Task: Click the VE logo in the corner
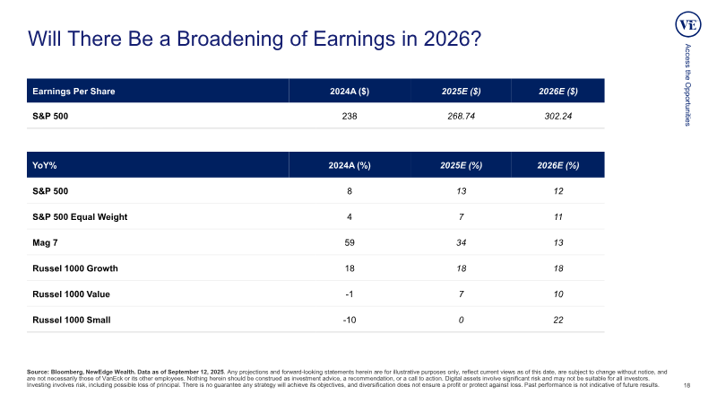pyautogui.click(x=687, y=25)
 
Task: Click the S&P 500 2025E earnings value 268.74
pyautogui.click(x=461, y=117)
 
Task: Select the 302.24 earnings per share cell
pyautogui.click(x=557, y=117)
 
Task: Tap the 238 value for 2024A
pyautogui.click(x=350, y=117)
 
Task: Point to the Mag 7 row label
pyautogui.click(x=45, y=242)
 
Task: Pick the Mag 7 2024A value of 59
pyautogui.click(x=350, y=242)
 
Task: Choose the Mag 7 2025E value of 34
pyautogui.click(x=461, y=242)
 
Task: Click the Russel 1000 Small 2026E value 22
pyautogui.click(x=557, y=320)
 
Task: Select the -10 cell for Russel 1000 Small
pyautogui.click(x=350, y=320)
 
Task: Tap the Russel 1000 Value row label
pyautogui.click(x=71, y=294)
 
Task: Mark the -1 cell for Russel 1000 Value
pyautogui.click(x=350, y=294)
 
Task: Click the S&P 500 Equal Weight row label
pyautogui.click(x=80, y=217)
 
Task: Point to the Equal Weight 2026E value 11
pyautogui.click(x=557, y=217)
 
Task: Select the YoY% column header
pyautogui.click(x=44, y=165)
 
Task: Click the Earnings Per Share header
pyautogui.click(x=73, y=92)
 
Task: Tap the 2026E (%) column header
pyautogui.click(x=557, y=165)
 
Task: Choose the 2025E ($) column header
pyautogui.click(x=461, y=92)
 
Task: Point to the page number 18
pyautogui.click(x=687, y=386)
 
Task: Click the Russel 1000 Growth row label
pyautogui.click(x=75, y=268)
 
